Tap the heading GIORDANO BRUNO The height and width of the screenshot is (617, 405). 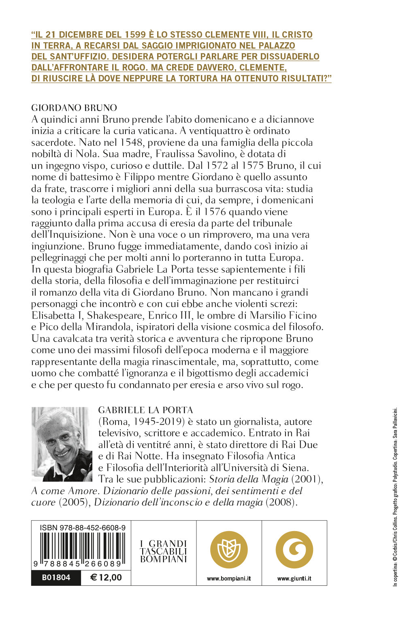pyautogui.click(x=74, y=108)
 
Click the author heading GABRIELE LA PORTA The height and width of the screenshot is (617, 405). pyautogui.click(x=146, y=410)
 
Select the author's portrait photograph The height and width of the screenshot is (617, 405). pyautogui.click(x=62, y=444)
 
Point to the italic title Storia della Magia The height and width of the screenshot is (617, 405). pyautogui.click(x=248, y=479)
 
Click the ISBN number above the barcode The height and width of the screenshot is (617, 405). pyautogui.click(x=83, y=527)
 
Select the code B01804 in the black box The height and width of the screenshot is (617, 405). pyautogui.click(x=56, y=578)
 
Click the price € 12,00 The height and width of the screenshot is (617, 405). pyautogui.click(x=106, y=578)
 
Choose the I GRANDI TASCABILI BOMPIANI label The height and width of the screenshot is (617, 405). pyautogui.click(x=164, y=551)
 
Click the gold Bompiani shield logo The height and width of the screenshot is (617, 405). pyautogui.click(x=229, y=550)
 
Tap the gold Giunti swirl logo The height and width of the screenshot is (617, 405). pyautogui.click(x=294, y=550)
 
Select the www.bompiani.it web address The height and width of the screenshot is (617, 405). pyautogui.click(x=229, y=579)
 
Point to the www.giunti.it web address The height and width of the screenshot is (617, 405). pyautogui.click(x=294, y=579)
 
